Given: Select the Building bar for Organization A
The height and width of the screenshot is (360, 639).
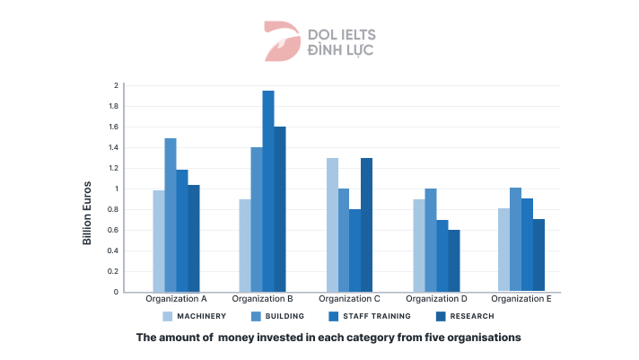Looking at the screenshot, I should point(171,215).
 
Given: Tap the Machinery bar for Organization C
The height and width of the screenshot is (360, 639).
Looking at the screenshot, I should point(332,224).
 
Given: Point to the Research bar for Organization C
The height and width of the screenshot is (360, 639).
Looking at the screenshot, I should point(366,224).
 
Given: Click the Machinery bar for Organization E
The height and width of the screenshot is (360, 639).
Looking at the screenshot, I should point(504,250).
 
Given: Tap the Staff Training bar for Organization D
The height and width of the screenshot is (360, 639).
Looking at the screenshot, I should point(442,256).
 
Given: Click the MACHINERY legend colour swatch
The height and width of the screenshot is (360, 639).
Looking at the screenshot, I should point(167,316).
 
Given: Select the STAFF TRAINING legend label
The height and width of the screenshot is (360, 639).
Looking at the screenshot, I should point(376,316).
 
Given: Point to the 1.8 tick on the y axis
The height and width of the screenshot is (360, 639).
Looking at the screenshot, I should point(114,106).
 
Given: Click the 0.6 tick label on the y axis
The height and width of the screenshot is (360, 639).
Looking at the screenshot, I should point(114,230).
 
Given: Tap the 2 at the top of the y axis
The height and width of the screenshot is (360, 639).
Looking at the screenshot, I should point(116,85).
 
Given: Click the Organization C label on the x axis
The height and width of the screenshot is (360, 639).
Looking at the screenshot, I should point(349,298).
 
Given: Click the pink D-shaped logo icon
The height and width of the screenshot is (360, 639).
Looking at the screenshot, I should point(281,41).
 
